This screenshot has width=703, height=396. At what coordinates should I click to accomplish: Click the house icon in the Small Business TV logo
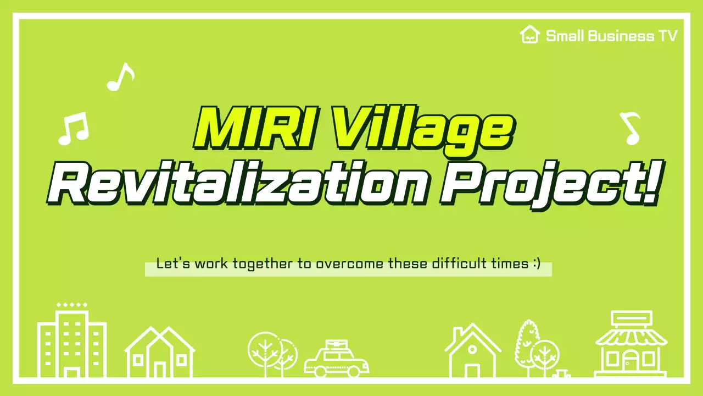pos(529,35)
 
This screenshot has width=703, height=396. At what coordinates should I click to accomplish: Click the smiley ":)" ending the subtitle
pos(536,263)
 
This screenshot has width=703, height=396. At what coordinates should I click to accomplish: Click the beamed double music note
pos(73,129)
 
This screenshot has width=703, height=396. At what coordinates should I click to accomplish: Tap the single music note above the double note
pos(120,76)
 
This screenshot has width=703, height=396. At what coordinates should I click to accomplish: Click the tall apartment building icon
pos(71,342)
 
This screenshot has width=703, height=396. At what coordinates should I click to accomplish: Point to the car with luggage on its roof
pos(336,360)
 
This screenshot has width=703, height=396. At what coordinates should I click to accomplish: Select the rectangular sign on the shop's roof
pos(631,318)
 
